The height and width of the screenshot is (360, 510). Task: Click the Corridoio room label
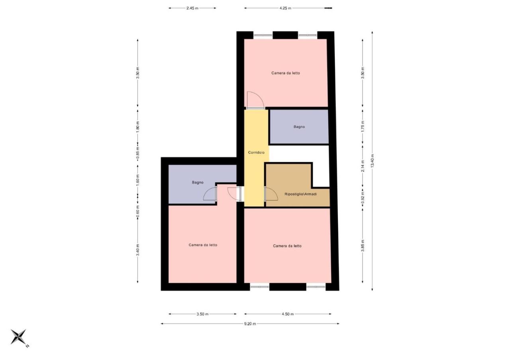pos(256,153)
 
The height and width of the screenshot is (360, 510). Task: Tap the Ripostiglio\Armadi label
pos(300,194)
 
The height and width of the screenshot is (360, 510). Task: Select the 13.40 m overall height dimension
pos(372,161)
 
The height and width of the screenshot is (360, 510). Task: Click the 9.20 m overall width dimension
pos(250,324)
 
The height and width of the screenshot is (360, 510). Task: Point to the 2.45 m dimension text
pos(192,8)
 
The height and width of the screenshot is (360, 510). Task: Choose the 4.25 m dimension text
pos(285,8)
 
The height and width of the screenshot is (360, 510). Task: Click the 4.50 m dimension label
pos(288,314)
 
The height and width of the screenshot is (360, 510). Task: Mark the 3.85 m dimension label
pos(363,246)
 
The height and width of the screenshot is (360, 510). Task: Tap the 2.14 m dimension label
pos(363,166)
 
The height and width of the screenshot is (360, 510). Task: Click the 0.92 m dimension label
pos(363,197)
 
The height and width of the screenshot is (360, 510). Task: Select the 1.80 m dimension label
pos(138,127)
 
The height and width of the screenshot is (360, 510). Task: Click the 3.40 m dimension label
pos(138,250)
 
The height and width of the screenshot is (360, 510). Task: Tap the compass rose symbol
pos(18,337)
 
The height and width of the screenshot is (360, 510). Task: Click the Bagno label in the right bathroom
pos(299,127)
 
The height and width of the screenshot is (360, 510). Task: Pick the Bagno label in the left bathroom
pos(198,182)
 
